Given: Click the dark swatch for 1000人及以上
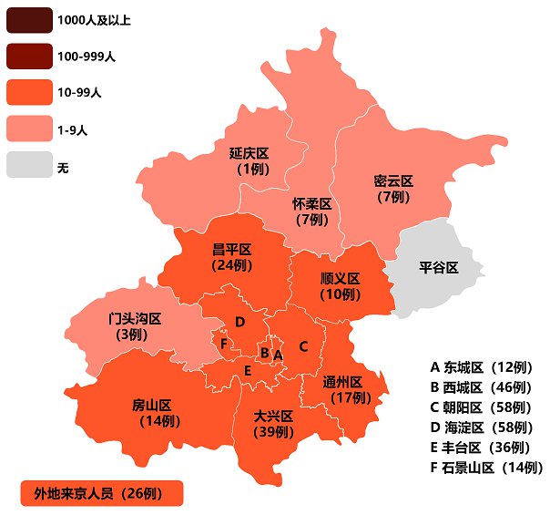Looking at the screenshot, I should tap(27, 20).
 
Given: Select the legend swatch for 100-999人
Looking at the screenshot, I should tap(27, 57).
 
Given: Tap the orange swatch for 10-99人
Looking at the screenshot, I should tap(27, 93).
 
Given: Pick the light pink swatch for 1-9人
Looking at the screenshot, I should tap(27, 129).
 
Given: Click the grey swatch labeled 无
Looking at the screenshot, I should tap(27, 166).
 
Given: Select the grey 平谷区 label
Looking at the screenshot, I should tap(438, 267).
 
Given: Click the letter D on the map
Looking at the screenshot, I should tap(239, 322).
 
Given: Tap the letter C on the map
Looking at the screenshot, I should tap(304, 345).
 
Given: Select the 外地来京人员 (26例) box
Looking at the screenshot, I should tap(101, 493).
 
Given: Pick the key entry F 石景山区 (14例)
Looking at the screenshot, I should tap(486, 468).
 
